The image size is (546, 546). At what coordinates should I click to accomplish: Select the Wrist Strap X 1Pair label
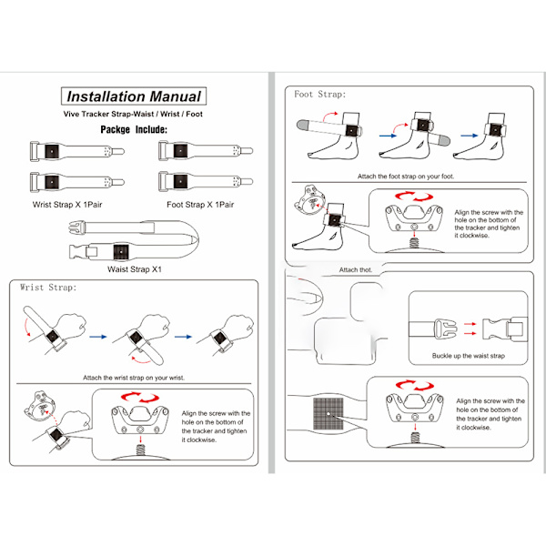click(x=70, y=205)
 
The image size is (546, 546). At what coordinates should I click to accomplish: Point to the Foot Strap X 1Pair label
click(x=200, y=205)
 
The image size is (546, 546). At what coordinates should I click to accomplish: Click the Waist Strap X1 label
click(x=135, y=269)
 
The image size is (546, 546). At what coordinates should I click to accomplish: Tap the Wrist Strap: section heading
click(x=49, y=288)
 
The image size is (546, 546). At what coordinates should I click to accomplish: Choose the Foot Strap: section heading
click(x=319, y=94)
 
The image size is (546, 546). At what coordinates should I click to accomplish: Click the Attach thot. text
click(x=356, y=270)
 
